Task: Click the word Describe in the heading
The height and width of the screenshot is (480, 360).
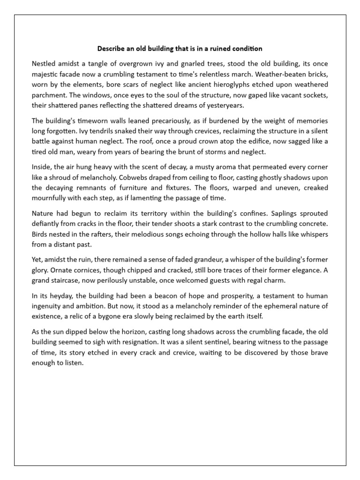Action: tap(112, 48)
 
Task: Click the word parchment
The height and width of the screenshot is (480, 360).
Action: tap(50, 94)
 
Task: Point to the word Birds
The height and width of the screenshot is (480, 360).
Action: tap(40, 234)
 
